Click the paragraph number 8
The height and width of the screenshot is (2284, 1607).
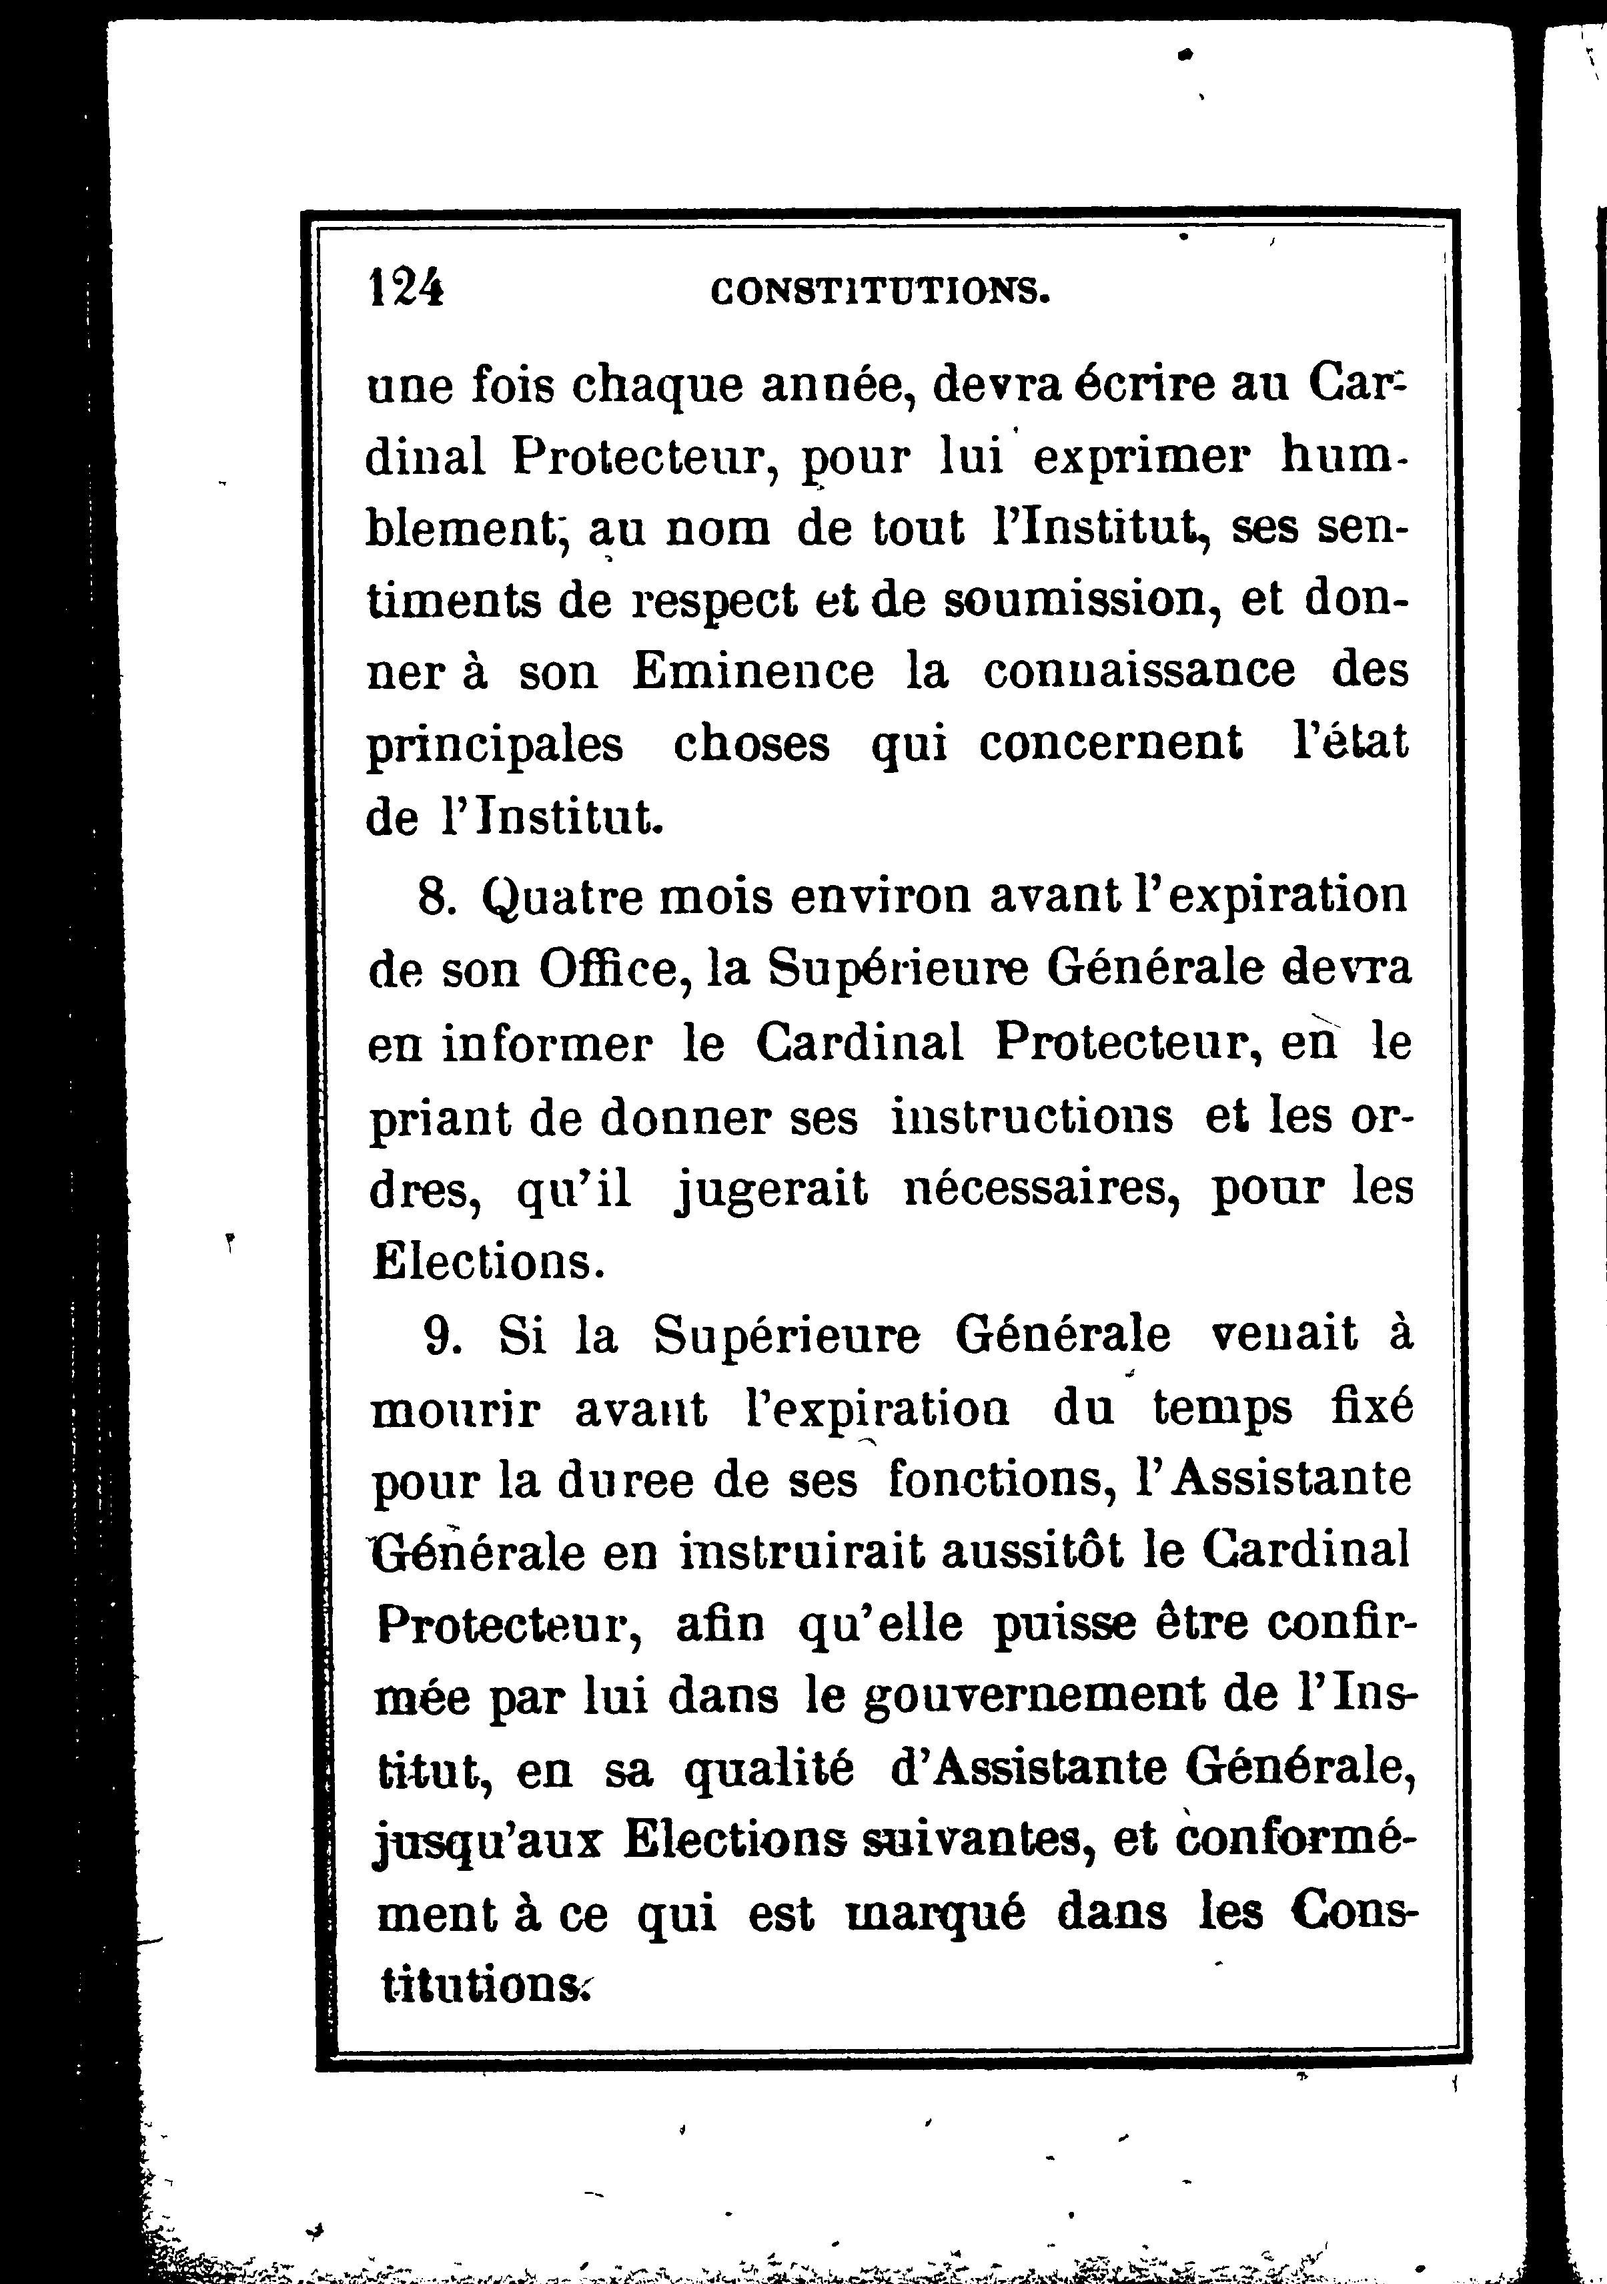tap(436, 897)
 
